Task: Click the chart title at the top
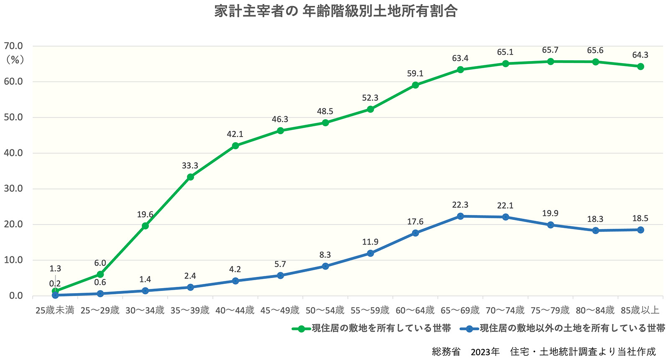335,11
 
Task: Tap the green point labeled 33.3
190,177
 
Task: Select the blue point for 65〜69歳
460,216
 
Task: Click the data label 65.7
550,50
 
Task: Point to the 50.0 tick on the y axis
13,117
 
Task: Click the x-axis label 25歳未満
55,311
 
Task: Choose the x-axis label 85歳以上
640,311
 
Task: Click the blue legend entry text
572,329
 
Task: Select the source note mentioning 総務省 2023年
544,352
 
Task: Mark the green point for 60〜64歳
415,85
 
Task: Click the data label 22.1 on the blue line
505,206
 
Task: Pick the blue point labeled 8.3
325,266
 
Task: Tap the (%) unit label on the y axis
15,60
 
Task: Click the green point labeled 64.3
640,66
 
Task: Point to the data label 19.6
145,215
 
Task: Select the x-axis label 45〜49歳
280,311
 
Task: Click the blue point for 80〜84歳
595,230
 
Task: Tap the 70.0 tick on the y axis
13,46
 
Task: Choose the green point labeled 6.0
100,274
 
